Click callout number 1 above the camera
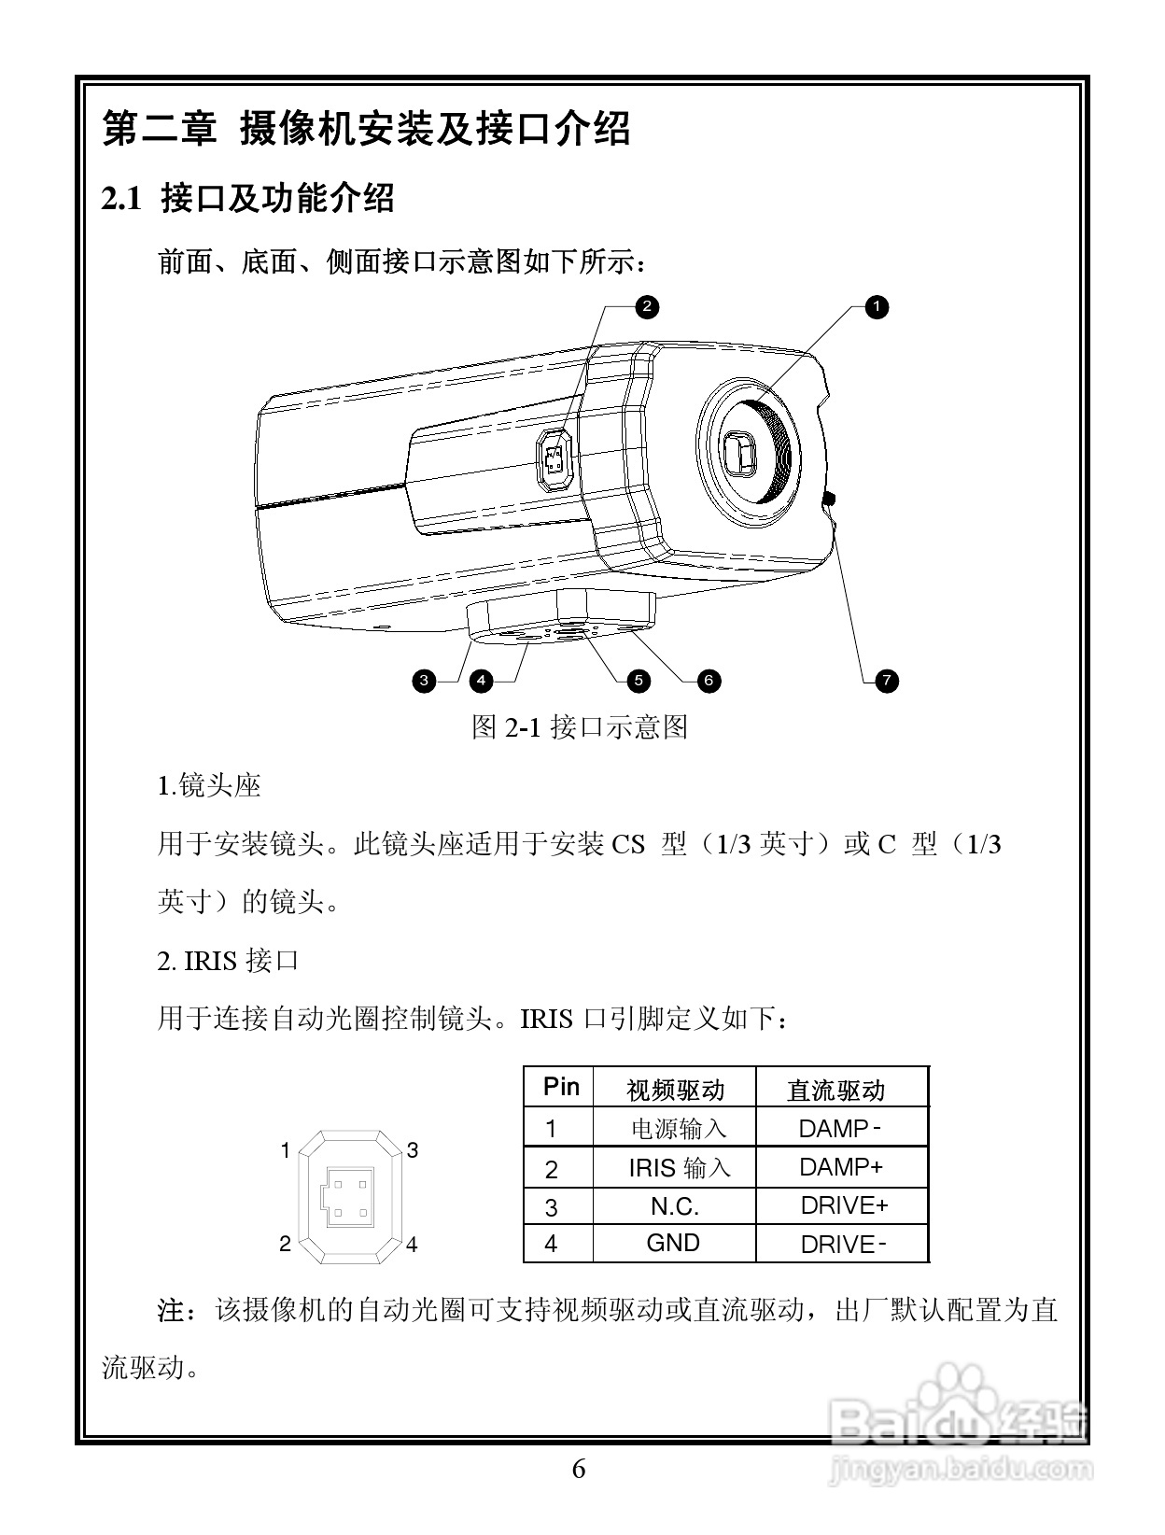tap(876, 306)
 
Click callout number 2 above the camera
tap(646, 306)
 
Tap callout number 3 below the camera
tap(424, 681)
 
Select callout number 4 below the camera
tap(481, 681)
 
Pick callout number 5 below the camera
tap(639, 681)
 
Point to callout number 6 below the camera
tap(709, 681)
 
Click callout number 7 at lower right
tap(887, 681)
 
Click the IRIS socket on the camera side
tap(555, 461)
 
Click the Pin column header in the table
tap(561, 1087)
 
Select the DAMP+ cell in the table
tap(840, 1166)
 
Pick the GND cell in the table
tap(673, 1243)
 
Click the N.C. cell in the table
tap(674, 1205)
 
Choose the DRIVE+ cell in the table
tap(843, 1205)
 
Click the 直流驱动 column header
tap(835, 1090)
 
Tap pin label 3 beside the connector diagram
tap(412, 1150)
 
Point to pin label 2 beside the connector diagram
tap(286, 1244)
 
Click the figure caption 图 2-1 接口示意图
tap(579, 726)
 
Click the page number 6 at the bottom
tap(579, 1470)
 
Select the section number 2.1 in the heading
tap(121, 199)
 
